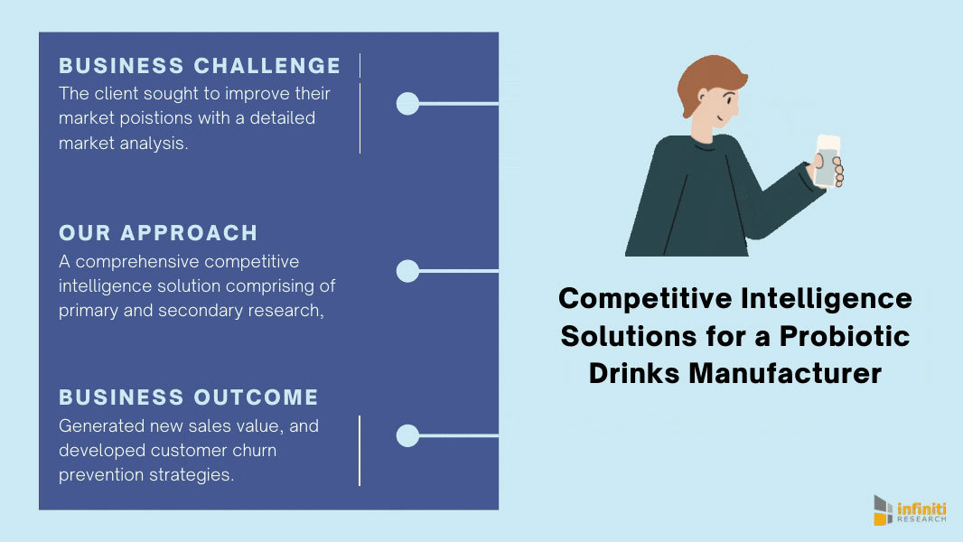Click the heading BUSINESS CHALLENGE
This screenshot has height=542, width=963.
[200, 66]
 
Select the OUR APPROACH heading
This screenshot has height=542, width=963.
[158, 233]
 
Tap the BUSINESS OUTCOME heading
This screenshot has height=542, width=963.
[189, 397]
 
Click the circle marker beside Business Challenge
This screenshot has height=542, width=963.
[407, 104]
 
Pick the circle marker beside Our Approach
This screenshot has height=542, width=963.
[407, 270]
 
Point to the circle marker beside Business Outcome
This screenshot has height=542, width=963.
[407, 436]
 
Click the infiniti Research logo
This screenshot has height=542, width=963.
[909, 510]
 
